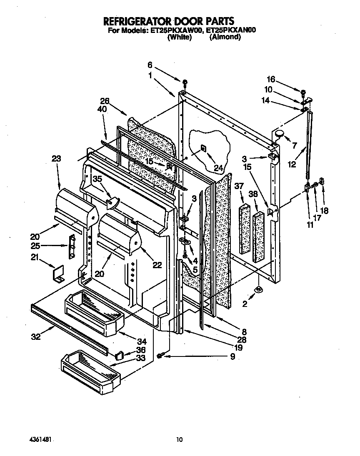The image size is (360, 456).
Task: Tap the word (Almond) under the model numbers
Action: point(225,37)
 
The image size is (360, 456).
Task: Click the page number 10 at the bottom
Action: point(180,439)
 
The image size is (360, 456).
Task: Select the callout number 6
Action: point(150,65)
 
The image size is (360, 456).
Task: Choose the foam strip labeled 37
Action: point(244,229)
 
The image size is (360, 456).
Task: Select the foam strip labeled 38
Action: point(258,237)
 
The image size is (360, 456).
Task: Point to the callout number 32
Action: point(36,337)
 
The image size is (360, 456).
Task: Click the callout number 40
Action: point(102,110)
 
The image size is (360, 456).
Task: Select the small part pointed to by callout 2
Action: point(258,289)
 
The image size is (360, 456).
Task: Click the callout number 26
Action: point(105,101)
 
